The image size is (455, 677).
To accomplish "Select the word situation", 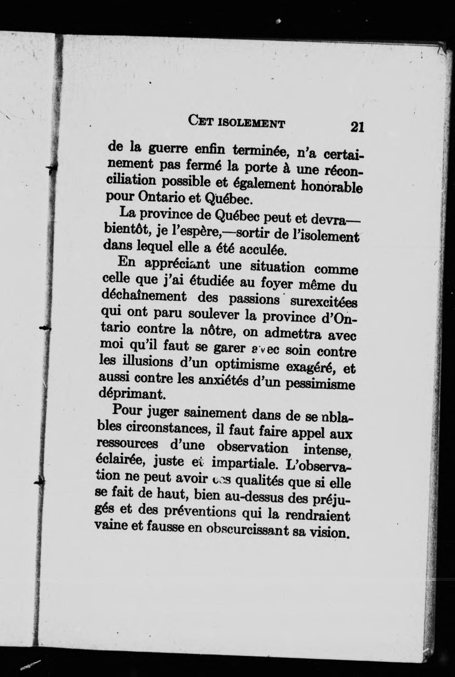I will (x=277, y=267).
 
